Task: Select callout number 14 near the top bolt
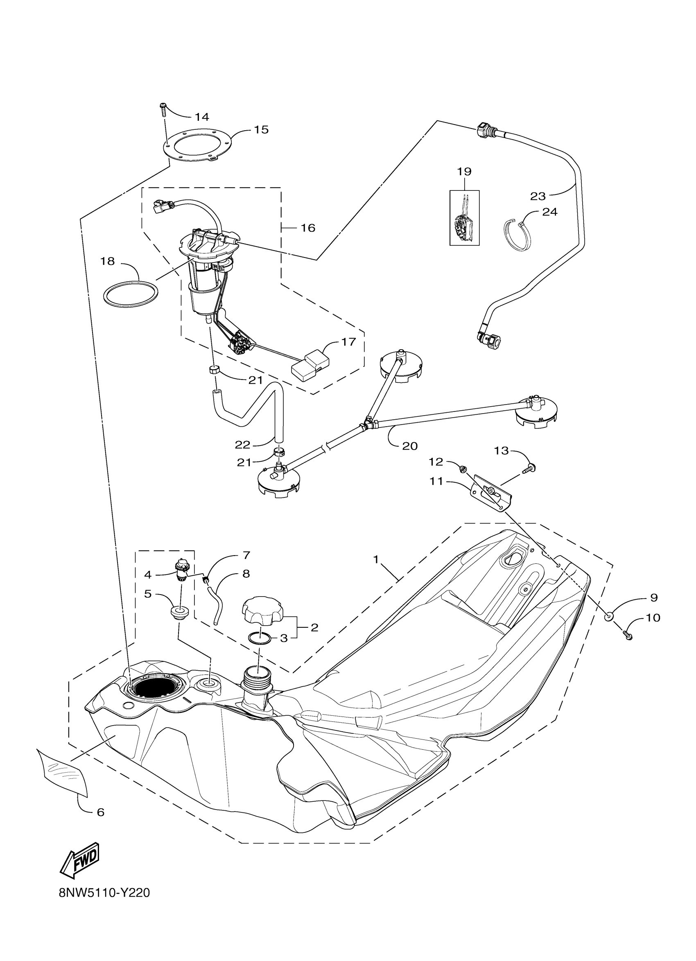pos(202,117)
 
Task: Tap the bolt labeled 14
pos(163,109)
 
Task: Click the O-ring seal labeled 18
pos(131,293)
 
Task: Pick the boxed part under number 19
pos(464,218)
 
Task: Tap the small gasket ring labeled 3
pos(259,638)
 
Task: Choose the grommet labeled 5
pos(180,613)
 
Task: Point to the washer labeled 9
pos(608,616)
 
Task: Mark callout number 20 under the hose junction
pos(410,446)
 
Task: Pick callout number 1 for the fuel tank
pos(375,560)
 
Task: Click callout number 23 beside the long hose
pos(538,197)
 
